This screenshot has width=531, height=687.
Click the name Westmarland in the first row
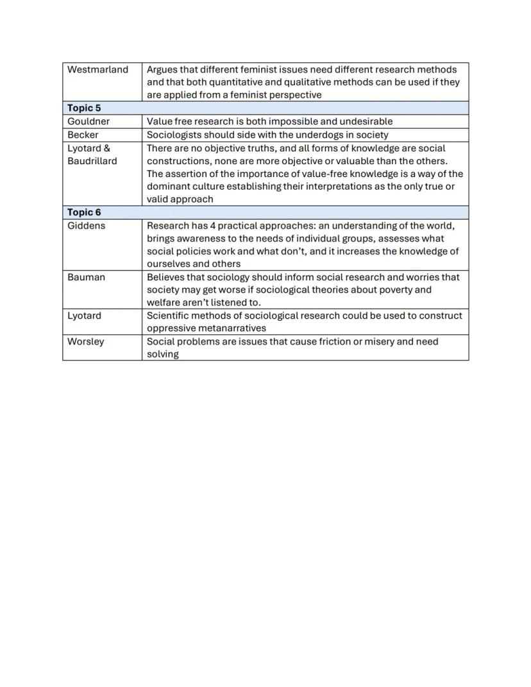(97, 69)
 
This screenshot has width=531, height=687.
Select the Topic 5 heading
(84, 108)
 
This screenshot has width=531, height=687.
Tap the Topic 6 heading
(84, 212)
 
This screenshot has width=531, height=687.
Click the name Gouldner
(88, 121)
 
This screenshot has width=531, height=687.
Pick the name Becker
(83, 135)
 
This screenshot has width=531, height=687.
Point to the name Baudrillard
(92, 161)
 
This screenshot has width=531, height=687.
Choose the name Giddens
(86, 226)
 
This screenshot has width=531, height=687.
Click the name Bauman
(86, 277)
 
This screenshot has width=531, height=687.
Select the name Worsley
(85, 341)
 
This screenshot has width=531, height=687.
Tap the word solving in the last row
(162, 354)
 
